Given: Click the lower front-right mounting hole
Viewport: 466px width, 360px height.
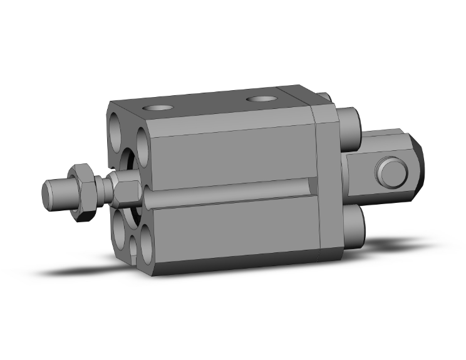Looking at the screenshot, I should click(145, 245).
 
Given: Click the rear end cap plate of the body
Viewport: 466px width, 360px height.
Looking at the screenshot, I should click(328, 182).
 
